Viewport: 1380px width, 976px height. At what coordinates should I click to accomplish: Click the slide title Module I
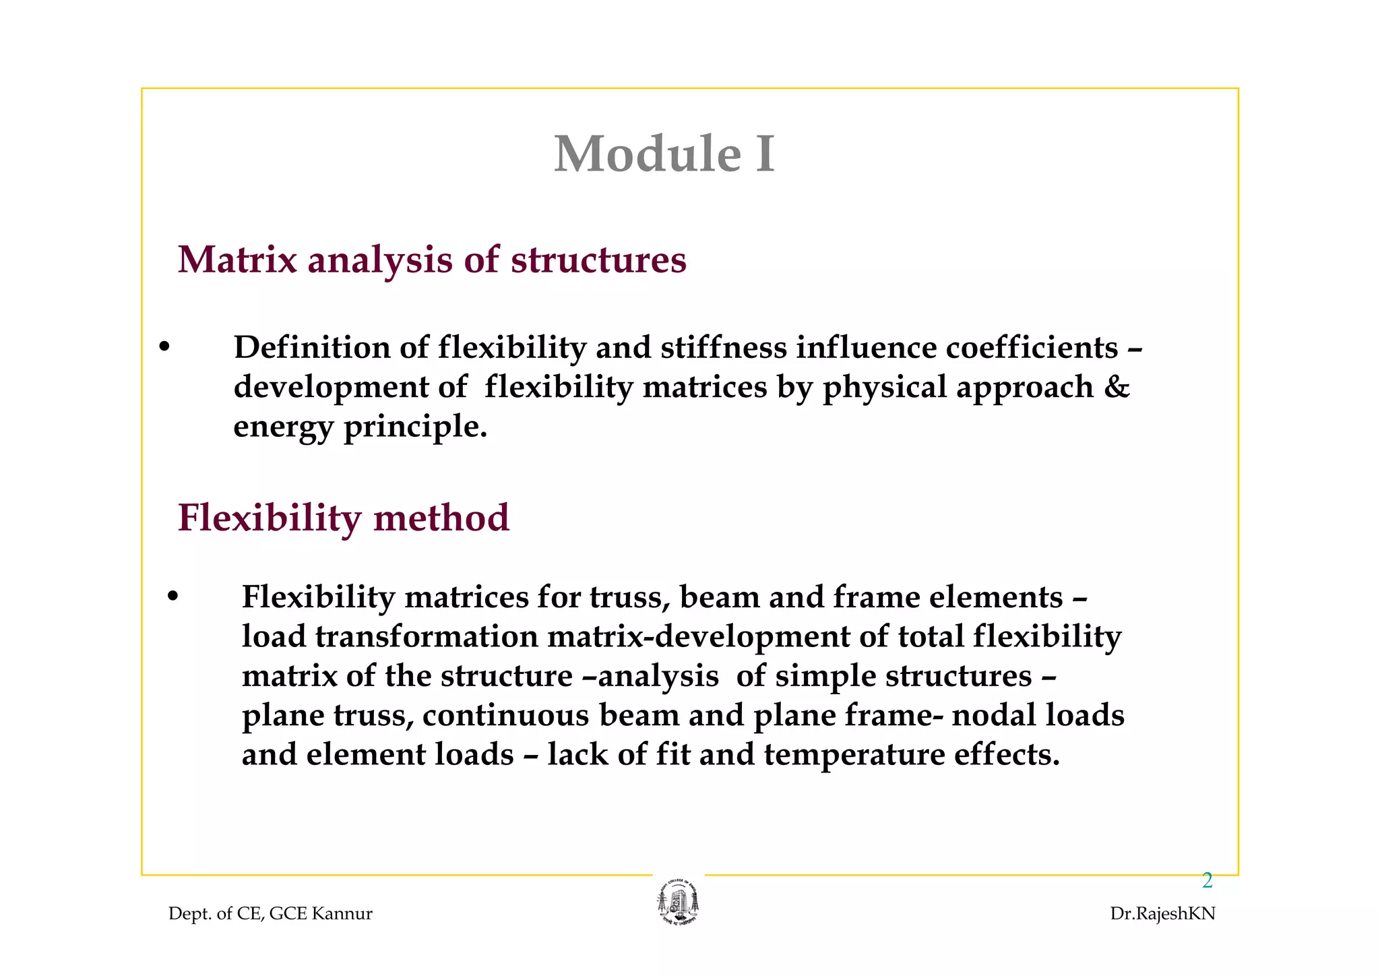[x=664, y=154]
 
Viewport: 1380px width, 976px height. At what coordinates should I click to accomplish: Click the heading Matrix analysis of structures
[x=432, y=260]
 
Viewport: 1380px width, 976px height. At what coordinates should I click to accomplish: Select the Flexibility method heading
[x=344, y=518]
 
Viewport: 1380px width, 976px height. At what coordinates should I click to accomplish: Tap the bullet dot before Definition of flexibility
[x=164, y=348]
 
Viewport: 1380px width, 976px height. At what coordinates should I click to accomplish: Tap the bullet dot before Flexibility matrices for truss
[x=172, y=597]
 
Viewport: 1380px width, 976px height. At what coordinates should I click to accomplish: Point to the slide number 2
[x=1207, y=880]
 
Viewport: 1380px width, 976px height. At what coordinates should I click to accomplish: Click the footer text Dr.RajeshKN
[x=1162, y=914]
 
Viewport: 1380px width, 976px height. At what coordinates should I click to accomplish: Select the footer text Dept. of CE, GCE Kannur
[x=270, y=914]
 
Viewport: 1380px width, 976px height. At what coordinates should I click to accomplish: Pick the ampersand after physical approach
[x=1117, y=387]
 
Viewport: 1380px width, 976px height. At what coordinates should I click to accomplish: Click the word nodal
[x=994, y=715]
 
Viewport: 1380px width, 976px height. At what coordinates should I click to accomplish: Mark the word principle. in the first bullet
[x=415, y=427]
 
